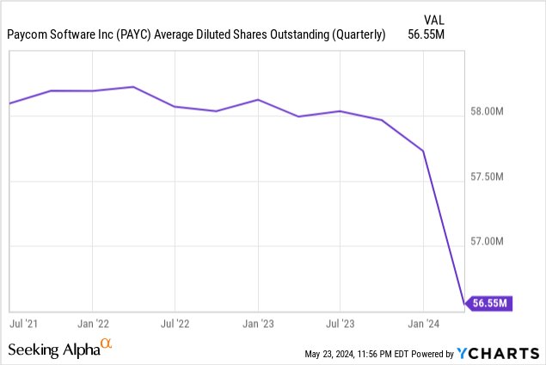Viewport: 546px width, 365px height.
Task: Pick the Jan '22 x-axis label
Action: coord(92,325)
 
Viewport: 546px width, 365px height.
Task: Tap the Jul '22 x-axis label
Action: coord(175,325)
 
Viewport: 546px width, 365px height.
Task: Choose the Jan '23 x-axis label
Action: coord(258,325)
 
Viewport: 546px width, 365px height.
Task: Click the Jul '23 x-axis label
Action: coord(340,325)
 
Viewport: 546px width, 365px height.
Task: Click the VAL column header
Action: coord(436,19)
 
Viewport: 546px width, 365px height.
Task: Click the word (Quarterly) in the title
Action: coord(355,34)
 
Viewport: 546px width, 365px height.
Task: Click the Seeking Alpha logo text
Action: coord(53,350)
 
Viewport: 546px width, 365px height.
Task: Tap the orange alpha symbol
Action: coord(106,345)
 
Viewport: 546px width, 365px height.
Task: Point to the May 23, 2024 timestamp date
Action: coord(334,354)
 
